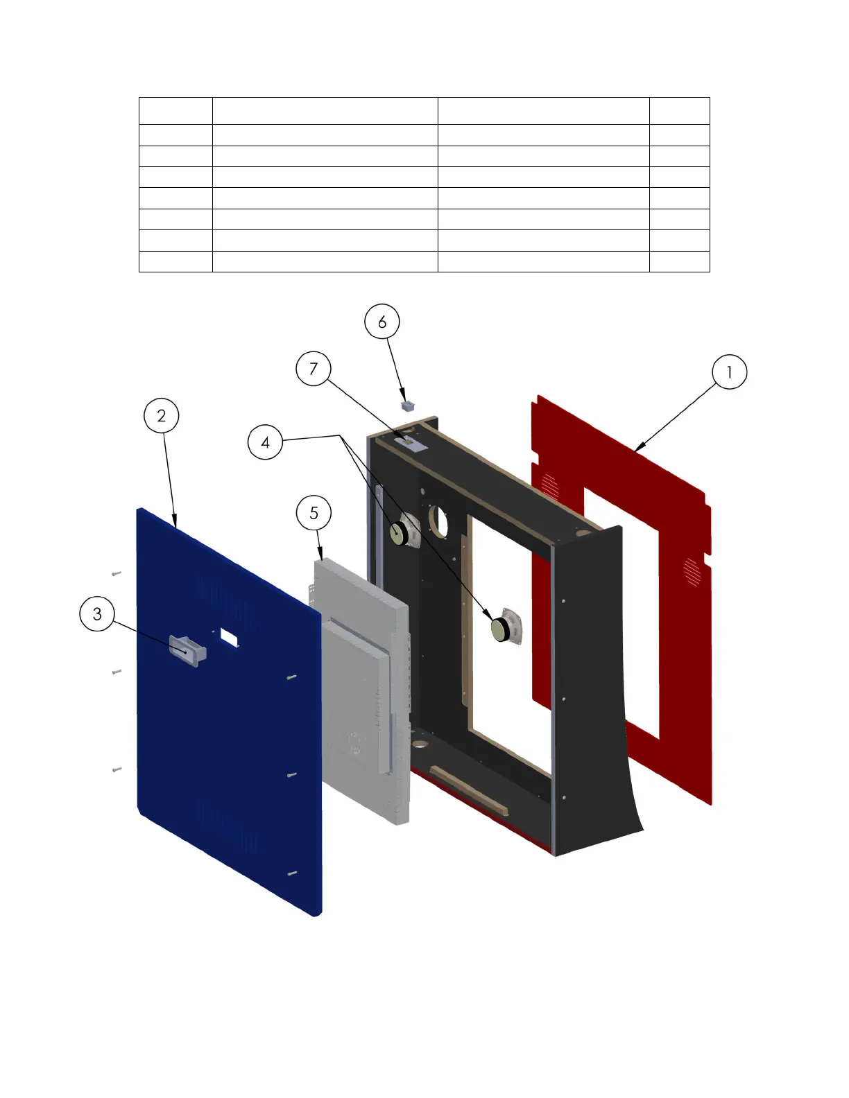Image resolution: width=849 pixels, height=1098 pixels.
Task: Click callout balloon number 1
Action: coord(729,372)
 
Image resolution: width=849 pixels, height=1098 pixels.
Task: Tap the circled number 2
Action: coord(162,416)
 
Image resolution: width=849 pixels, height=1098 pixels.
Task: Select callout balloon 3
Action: coord(97,613)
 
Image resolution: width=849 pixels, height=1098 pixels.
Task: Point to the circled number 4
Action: coord(265,442)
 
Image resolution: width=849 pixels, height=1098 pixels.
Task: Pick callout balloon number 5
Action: coord(314,513)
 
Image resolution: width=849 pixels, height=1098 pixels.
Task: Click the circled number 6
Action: coord(382,322)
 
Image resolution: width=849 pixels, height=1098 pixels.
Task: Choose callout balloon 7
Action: coord(313,369)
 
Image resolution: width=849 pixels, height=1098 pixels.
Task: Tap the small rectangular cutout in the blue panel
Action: coord(228,634)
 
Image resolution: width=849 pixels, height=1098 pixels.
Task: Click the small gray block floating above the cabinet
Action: coord(408,403)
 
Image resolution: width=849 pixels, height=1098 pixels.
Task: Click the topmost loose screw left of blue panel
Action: coord(116,573)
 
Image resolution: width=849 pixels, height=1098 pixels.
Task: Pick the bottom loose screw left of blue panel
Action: coord(116,769)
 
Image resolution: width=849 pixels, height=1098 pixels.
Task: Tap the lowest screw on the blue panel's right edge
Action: coord(292,873)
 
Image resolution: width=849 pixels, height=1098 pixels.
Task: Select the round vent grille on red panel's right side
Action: coord(692,570)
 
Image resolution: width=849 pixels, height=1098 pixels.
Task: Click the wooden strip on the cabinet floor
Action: coord(470,791)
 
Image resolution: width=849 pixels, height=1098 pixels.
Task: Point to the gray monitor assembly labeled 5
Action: coord(361,686)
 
